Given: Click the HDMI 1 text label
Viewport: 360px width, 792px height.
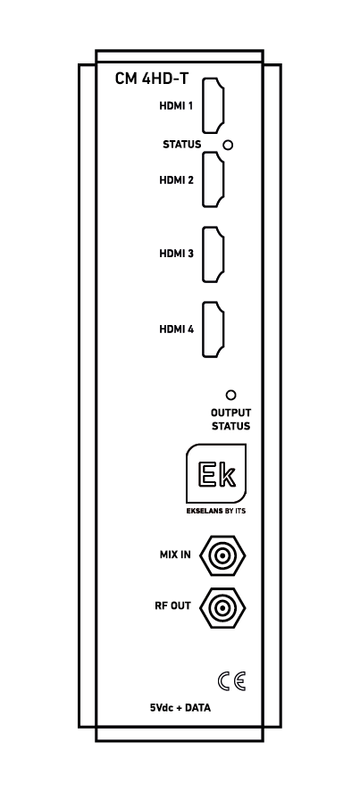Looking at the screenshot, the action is click(177, 106).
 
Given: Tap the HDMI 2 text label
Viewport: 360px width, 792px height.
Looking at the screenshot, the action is click(177, 180).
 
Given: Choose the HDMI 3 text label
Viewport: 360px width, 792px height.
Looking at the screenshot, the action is click(177, 254).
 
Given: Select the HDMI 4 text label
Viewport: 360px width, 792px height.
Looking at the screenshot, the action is click(177, 329).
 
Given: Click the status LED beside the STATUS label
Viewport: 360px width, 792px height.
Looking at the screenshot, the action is click(228, 145).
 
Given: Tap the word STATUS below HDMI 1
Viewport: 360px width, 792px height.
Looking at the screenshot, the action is click(181, 145).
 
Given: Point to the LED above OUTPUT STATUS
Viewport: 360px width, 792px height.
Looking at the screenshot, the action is click(231, 395).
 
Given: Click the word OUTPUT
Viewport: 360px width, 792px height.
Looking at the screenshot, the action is click(230, 413).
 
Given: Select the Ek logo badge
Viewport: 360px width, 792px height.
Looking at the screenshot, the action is click(216, 473).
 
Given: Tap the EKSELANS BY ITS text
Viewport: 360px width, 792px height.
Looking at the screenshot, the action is click(216, 511).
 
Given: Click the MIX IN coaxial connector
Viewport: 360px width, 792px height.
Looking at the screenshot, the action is click(222, 555).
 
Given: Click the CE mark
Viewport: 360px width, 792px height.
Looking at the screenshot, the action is click(232, 681).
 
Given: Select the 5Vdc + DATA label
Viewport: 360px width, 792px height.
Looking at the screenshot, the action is click(180, 708).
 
